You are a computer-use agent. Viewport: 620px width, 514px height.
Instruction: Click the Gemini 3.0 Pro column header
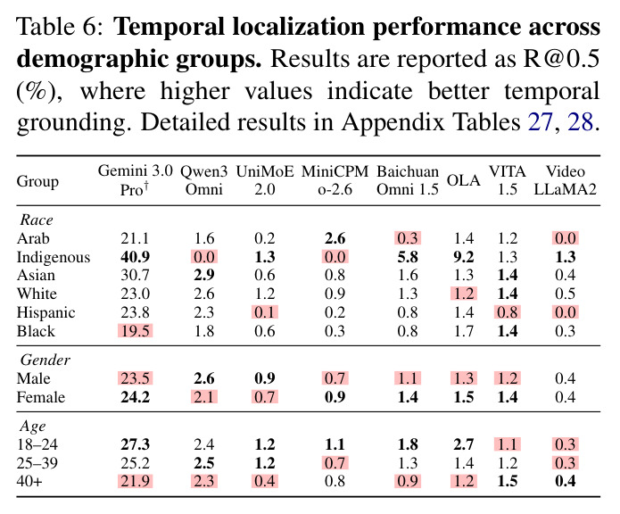coord(136,180)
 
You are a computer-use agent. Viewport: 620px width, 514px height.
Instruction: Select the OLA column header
coord(463,180)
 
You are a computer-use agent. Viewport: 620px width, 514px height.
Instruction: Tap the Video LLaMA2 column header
coord(565,180)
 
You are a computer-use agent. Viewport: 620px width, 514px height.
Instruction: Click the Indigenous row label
coord(54,257)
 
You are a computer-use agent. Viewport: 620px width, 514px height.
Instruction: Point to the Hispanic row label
coord(45,312)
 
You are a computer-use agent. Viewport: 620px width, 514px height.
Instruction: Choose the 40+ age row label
coord(29,481)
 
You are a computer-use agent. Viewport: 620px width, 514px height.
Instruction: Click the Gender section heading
coord(45,360)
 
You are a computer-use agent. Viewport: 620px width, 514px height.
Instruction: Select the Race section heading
coord(37,220)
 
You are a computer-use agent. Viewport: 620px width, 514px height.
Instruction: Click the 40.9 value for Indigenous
coord(136,257)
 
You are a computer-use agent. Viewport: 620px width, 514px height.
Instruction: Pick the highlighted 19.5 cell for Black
coord(136,331)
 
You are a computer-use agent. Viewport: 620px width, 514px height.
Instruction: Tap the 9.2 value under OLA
coord(463,257)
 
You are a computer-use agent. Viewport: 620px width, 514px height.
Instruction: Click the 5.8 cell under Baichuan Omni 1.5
coord(408,257)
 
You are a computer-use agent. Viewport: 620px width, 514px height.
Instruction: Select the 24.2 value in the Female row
coord(136,397)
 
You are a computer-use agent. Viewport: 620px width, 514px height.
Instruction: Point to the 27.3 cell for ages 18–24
coord(136,444)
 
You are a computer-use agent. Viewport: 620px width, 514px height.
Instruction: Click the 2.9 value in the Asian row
coord(204,275)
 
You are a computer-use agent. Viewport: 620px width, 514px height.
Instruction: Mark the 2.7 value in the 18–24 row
coord(463,444)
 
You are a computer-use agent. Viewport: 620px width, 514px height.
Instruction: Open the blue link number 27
coord(540,121)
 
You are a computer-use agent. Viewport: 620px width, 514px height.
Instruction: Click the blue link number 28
coord(581,121)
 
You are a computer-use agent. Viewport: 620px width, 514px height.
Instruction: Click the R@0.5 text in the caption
coord(561,59)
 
